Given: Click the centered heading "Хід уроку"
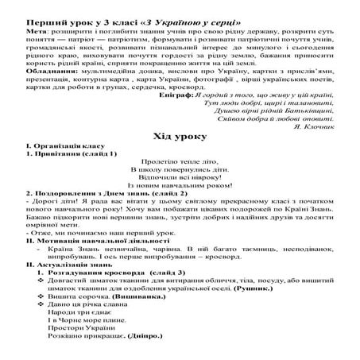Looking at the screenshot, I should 179,136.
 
